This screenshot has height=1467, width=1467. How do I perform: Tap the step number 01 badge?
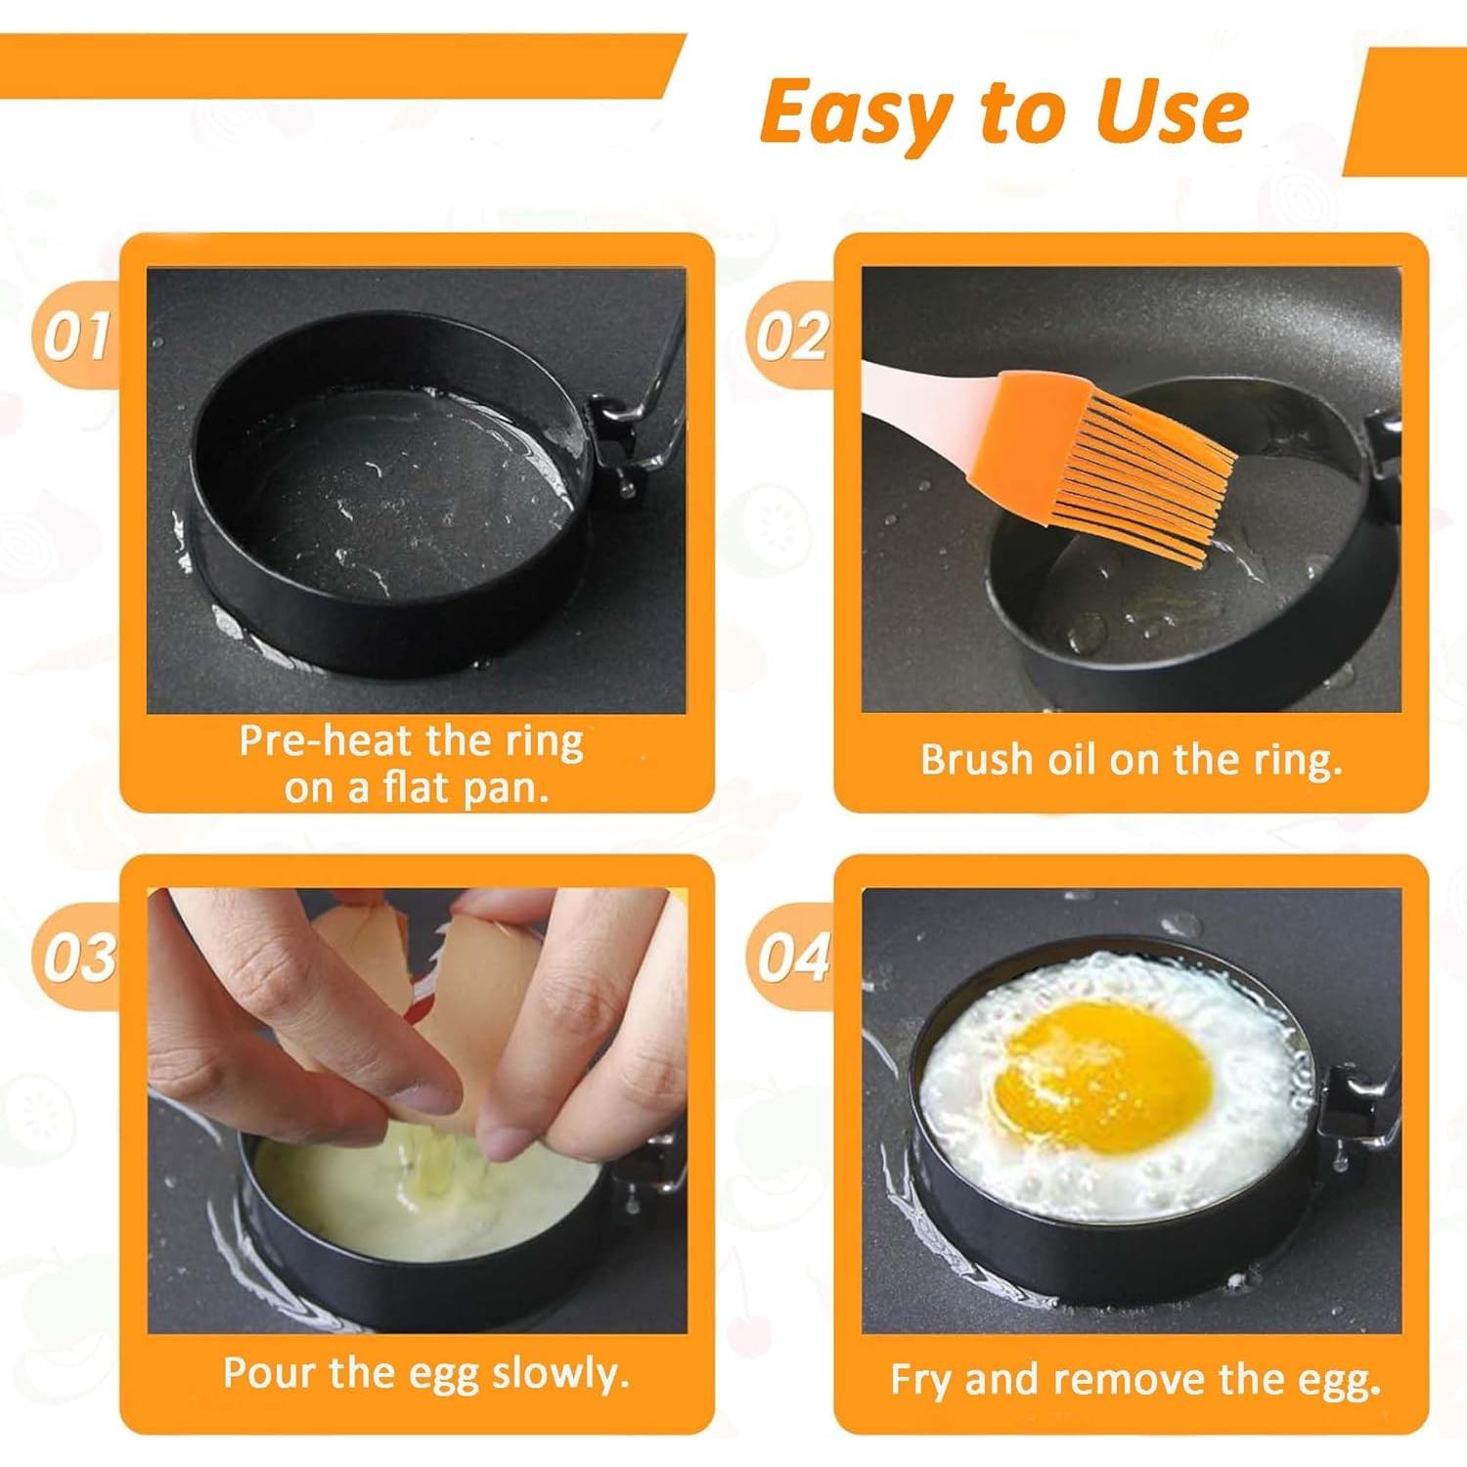click(x=76, y=336)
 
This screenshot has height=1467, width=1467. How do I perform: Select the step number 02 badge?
click(x=790, y=336)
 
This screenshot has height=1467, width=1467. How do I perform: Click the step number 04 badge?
click(x=792, y=957)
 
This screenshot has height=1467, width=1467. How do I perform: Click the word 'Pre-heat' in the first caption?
click(x=325, y=741)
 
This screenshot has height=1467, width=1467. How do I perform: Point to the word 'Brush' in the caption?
click(x=975, y=760)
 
